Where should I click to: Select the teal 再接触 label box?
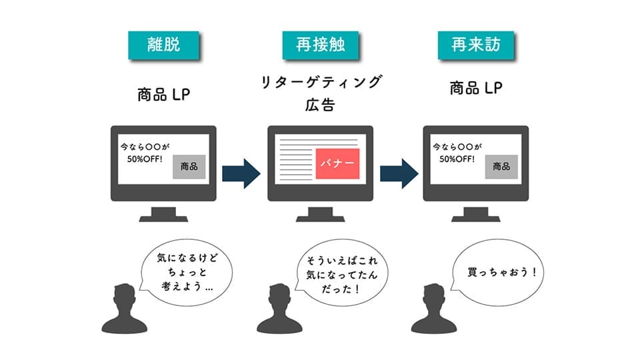(x=320, y=45)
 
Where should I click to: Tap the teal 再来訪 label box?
(x=476, y=45)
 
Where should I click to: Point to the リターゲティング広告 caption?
(x=320, y=93)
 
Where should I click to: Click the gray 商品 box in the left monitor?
(x=189, y=167)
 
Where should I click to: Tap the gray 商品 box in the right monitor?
(x=501, y=167)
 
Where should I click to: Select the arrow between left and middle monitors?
(x=241, y=173)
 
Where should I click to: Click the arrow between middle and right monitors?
(x=398, y=173)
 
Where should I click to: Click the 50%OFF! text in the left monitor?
(x=145, y=159)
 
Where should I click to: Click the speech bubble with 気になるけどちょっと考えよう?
(x=184, y=273)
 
